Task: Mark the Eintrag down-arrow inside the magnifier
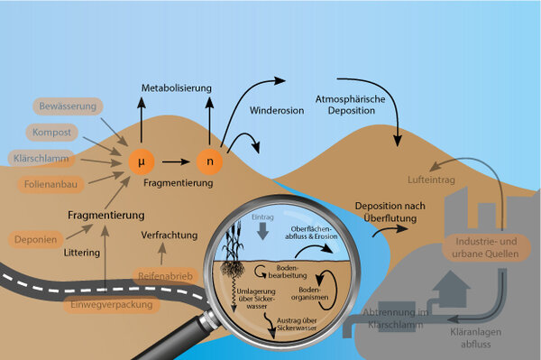pyautogui.click(x=264, y=227)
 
